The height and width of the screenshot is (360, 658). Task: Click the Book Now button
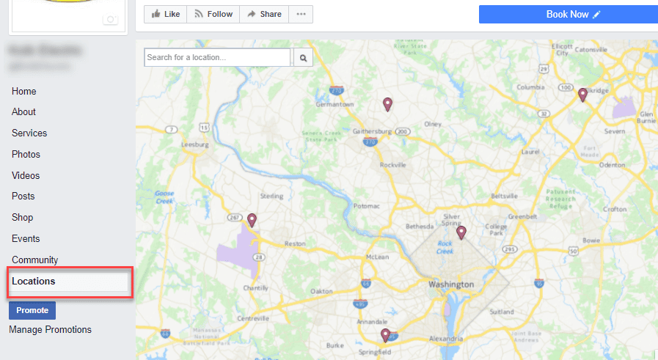pyautogui.click(x=569, y=14)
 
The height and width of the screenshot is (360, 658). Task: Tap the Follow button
pyautogui.click(x=213, y=14)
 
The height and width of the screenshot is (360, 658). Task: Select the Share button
pyautogui.click(x=264, y=14)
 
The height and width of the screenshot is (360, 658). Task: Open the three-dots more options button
pyautogui.click(x=301, y=14)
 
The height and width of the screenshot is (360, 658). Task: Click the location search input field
pyautogui.click(x=217, y=57)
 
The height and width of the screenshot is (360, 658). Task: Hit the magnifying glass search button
pyautogui.click(x=303, y=57)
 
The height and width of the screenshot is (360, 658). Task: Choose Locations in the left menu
pyautogui.click(x=34, y=282)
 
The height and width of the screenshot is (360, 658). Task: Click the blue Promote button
pyautogui.click(x=32, y=310)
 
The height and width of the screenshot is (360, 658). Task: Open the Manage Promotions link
pyautogui.click(x=50, y=330)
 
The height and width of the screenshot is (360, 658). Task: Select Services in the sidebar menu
pyautogui.click(x=29, y=133)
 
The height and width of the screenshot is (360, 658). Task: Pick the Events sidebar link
pyautogui.click(x=26, y=239)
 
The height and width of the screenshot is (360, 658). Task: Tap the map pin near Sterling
pyautogui.click(x=252, y=219)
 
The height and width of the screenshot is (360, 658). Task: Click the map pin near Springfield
pyautogui.click(x=385, y=335)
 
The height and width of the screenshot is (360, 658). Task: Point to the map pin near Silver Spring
pyautogui.click(x=461, y=232)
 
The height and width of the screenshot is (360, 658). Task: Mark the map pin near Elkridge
pyautogui.click(x=582, y=95)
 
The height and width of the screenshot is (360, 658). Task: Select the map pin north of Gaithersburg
pyautogui.click(x=388, y=104)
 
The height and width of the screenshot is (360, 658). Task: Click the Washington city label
pyautogui.click(x=451, y=284)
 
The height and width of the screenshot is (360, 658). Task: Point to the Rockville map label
pyautogui.click(x=392, y=165)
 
